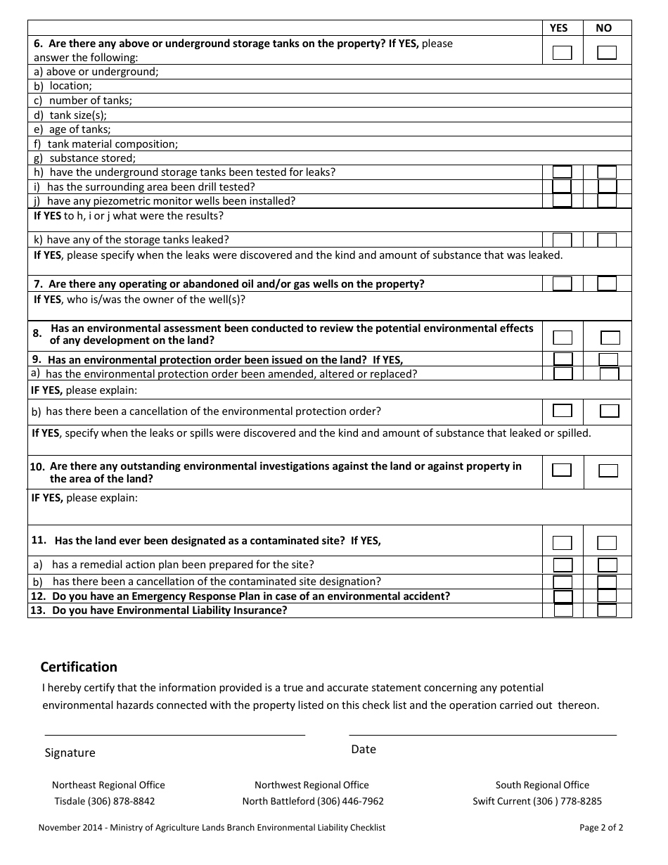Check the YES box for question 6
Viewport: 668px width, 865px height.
click(562, 53)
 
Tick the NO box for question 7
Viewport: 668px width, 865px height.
click(607, 283)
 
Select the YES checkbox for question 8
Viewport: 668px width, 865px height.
click(563, 338)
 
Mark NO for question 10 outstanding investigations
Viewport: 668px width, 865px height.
click(608, 470)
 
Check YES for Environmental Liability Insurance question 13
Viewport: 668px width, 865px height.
click(563, 610)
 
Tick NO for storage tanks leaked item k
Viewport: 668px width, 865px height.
click(607, 240)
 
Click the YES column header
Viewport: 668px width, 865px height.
click(558, 28)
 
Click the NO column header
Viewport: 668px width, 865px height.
click(603, 28)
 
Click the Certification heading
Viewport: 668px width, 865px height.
click(79, 667)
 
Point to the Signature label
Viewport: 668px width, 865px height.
click(70, 752)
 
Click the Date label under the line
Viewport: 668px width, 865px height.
click(364, 749)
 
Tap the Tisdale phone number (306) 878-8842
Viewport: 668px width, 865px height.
click(105, 801)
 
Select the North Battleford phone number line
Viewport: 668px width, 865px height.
click(313, 801)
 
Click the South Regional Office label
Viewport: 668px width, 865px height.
click(542, 785)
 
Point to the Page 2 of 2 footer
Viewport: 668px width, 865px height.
click(601, 828)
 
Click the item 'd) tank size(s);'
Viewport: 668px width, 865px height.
click(70, 115)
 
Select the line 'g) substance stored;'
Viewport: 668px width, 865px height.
click(84, 158)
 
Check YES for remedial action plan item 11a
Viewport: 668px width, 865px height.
click(563, 565)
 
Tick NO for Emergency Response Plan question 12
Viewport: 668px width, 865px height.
click(607, 596)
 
